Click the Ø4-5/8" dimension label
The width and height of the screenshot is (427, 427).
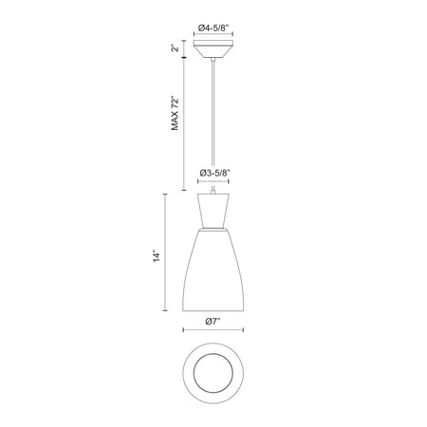[x=213, y=28]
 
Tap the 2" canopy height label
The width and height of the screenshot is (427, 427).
[x=175, y=48]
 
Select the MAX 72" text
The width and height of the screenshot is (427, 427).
[x=175, y=113]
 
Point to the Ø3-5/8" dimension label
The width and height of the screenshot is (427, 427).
[x=214, y=173]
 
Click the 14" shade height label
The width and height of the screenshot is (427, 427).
[x=157, y=256]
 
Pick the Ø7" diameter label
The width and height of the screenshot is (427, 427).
[x=213, y=322]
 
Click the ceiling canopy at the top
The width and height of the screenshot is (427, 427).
[x=213, y=49]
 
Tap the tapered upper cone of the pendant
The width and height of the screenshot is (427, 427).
[x=213, y=210]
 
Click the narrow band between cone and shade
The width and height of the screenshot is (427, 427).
[x=213, y=229]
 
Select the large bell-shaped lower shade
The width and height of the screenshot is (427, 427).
[x=213, y=270]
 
